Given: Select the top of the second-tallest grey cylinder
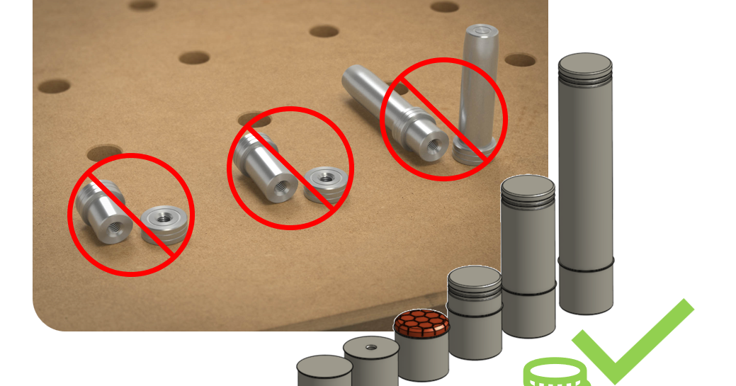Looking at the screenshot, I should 528,186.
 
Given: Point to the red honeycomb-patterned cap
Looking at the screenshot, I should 422,322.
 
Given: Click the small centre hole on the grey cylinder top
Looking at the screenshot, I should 371,347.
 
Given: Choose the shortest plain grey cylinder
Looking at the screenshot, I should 324,372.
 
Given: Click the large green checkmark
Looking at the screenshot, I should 630,340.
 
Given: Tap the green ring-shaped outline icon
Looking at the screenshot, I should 556,371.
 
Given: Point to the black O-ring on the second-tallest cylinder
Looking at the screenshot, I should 528,290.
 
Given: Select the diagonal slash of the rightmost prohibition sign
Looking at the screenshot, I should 445,119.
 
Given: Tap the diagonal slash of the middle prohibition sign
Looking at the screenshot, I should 291,169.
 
